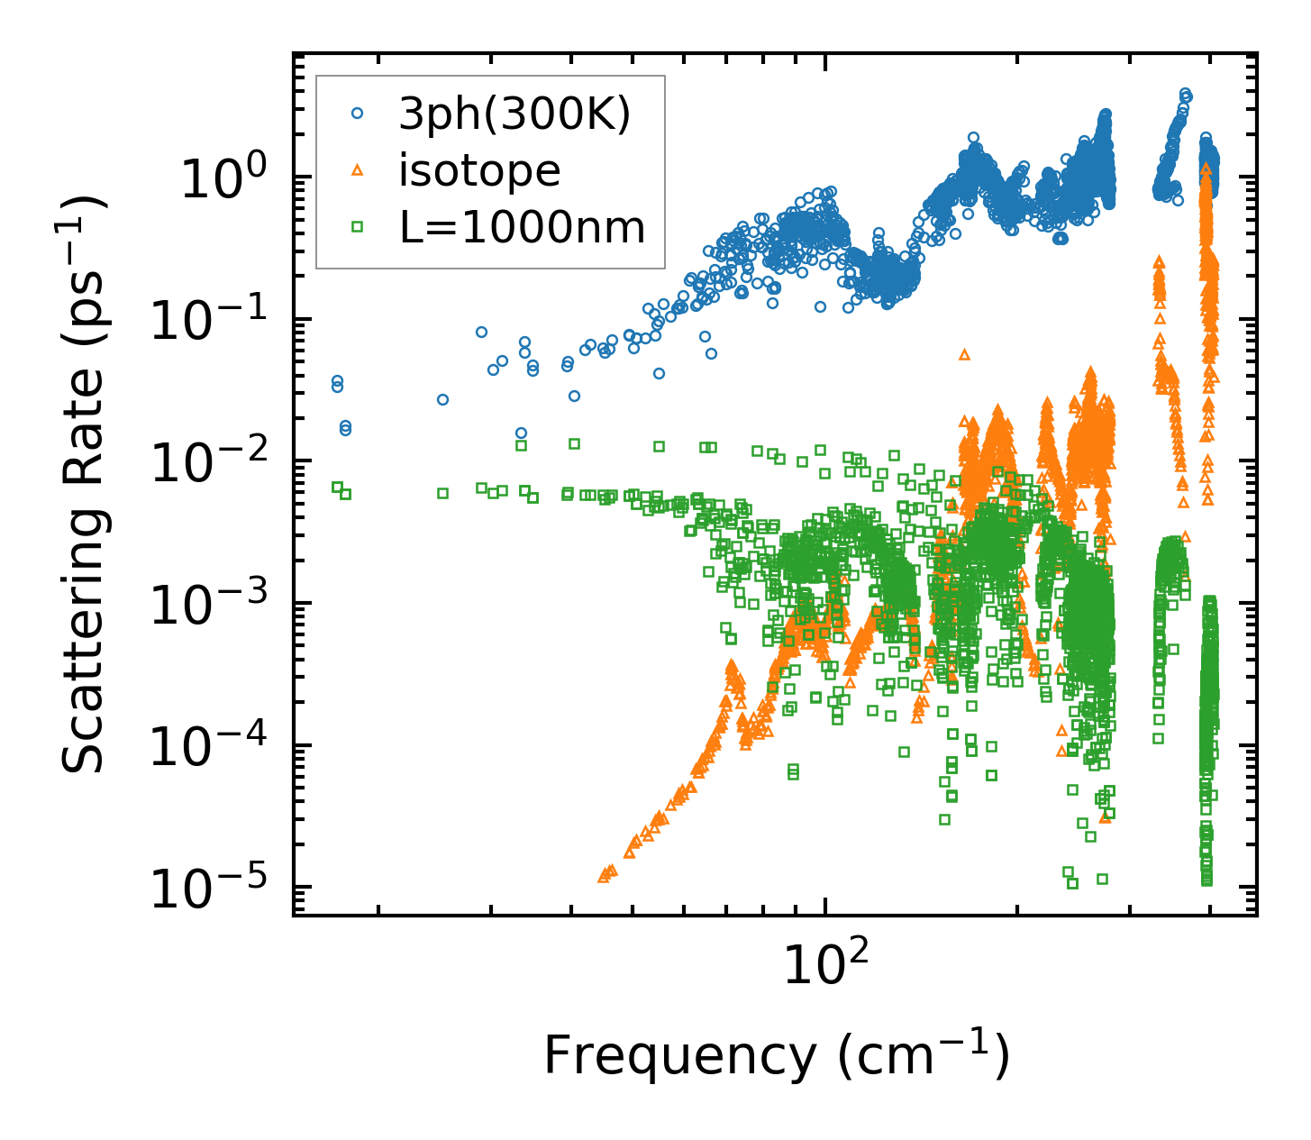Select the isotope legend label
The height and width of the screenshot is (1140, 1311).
[479, 170]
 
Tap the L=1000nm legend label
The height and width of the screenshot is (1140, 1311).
[523, 228]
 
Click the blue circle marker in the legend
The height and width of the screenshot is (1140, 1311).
[358, 114]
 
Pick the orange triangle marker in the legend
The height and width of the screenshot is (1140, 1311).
[358, 169]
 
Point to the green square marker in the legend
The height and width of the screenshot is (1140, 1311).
[358, 228]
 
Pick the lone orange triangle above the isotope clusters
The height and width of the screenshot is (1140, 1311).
[964, 355]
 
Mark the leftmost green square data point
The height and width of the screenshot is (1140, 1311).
[337, 488]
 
